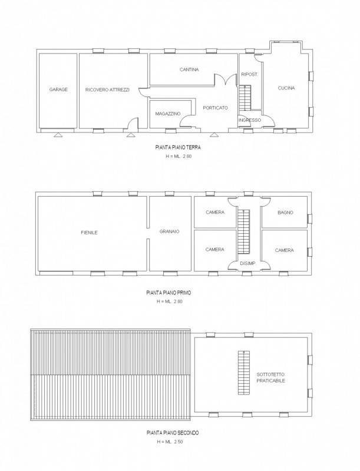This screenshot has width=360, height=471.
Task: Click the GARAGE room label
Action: click(x=58, y=89)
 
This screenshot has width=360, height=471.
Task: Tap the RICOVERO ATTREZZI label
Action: click(x=107, y=89)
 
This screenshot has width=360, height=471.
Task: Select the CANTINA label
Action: click(x=189, y=69)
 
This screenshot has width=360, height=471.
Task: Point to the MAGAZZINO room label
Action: click(x=168, y=114)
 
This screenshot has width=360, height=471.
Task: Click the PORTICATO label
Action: click(x=216, y=108)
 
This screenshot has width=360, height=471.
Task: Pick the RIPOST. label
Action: click(x=249, y=75)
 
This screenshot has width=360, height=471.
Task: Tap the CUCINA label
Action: click(x=286, y=88)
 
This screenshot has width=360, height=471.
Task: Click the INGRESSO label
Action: click(x=250, y=120)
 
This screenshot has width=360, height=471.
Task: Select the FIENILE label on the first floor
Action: click(x=89, y=233)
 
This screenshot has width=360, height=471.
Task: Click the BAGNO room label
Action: click(x=286, y=213)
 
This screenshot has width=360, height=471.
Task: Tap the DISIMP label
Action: click(x=247, y=263)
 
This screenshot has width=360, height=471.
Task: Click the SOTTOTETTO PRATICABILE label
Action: click(x=271, y=377)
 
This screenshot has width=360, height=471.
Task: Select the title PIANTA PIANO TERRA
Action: click(x=178, y=148)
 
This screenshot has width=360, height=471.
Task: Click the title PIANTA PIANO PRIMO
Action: click(x=169, y=293)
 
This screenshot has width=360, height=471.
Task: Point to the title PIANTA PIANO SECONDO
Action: click(x=173, y=433)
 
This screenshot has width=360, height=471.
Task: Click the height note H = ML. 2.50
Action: click(x=170, y=442)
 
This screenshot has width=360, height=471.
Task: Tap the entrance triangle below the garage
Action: click(x=58, y=135)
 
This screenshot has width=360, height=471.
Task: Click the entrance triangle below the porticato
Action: click(x=214, y=135)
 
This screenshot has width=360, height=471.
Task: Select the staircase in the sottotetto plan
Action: click(x=244, y=373)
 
